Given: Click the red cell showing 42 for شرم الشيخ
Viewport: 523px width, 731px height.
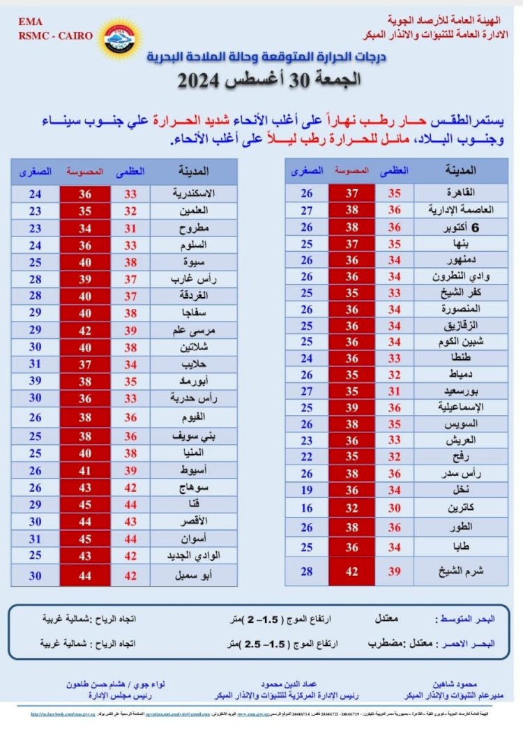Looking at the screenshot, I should tap(351, 571).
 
